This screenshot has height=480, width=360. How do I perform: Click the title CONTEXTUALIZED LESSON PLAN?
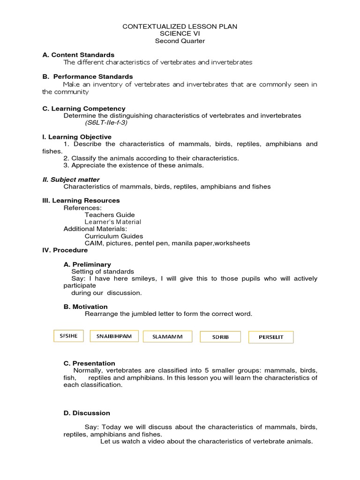point(180,27)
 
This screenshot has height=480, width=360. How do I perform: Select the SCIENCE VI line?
point(180,34)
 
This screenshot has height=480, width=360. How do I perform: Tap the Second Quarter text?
point(180,41)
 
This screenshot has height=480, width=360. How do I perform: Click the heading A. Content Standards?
point(78,55)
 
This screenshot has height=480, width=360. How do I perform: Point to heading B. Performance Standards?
point(88,76)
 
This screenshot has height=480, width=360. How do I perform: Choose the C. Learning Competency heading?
point(84,108)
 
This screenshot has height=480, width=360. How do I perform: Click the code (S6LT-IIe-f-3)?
point(106,123)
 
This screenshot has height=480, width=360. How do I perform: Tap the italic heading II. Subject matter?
point(71,180)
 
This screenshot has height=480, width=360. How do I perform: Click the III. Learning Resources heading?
point(81,201)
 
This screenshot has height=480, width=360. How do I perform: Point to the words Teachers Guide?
point(110,215)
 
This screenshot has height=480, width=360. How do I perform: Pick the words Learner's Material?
point(112,222)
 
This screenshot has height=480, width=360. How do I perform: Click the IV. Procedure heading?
point(65,250)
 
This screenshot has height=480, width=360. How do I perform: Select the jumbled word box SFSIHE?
point(68,336)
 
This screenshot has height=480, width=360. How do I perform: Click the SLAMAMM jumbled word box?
point(165,337)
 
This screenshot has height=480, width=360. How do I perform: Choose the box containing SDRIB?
point(220,337)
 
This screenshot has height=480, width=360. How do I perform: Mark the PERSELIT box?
point(270,337)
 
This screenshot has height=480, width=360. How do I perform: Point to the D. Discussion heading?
point(87,413)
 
